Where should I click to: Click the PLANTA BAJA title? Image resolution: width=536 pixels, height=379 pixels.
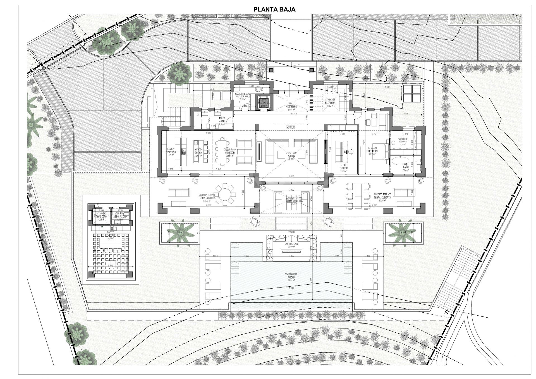pos(274,9)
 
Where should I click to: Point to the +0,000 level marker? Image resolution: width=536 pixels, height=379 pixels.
pos(291,127)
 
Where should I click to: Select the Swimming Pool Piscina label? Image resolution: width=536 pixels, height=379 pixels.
pos(291,280)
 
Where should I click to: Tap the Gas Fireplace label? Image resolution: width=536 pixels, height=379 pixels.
pos(291,245)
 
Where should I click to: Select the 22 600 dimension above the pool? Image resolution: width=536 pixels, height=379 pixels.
pos(291,232)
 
